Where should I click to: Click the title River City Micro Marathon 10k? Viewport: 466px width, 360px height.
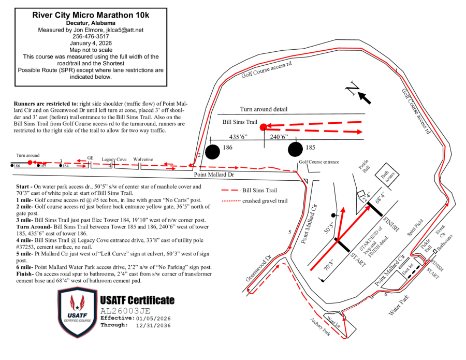pos(91,15)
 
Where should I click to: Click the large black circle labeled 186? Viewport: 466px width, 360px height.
pos(212,152)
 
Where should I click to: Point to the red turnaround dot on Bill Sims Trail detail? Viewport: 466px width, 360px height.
pos(263,127)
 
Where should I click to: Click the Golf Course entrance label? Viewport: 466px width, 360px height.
pos(318,162)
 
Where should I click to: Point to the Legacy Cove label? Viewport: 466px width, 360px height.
pos(114,160)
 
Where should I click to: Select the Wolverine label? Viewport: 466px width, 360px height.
pos(143,160)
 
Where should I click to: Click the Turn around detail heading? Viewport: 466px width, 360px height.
pos(264,109)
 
